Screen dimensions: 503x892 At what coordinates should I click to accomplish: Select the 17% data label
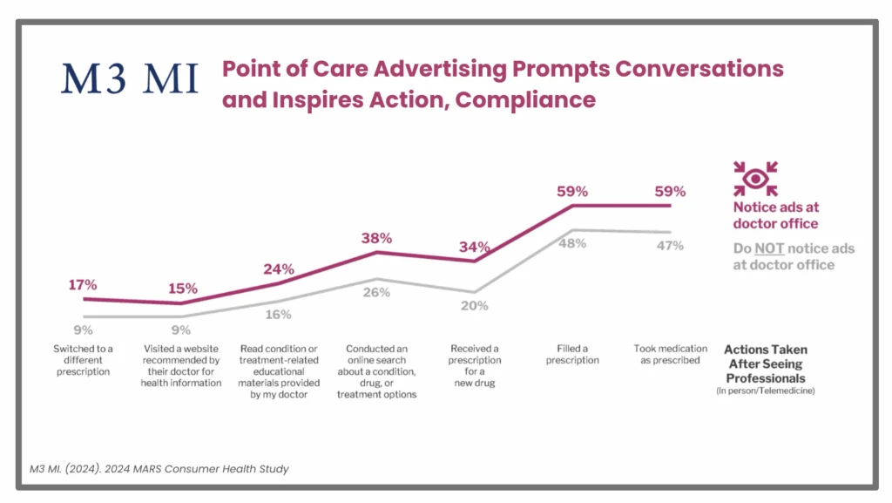click(x=83, y=284)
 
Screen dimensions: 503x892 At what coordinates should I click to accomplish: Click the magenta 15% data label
click(x=183, y=289)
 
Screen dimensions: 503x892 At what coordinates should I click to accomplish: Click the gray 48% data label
click(x=573, y=245)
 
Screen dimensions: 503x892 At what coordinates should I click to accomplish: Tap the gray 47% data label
click(x=671, y=247)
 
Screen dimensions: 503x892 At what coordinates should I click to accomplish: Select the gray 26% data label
click(x=377, y=293)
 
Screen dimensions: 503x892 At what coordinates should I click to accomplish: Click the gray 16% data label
click(x=279, y=315)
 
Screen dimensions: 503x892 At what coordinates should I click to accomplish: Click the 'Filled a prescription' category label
click(x=573, y=355)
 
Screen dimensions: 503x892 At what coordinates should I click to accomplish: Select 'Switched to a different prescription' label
click(x=83, y=360)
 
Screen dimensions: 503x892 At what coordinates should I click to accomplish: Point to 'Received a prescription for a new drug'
click(x=475, y=365)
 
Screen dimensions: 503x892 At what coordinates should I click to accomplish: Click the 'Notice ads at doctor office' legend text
click(x=775, y=214)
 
